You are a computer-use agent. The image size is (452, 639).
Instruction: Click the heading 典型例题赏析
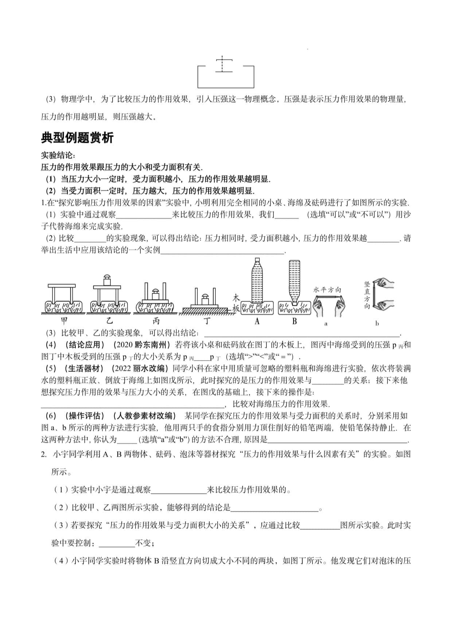coord(77,138)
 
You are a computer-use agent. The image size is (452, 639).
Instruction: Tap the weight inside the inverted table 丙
coord(155,294)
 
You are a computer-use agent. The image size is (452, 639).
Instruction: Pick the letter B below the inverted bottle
coord(295,321)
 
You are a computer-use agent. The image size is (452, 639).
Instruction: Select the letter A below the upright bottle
coord(257,321)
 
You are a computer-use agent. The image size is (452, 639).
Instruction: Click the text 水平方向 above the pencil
coord(327,290)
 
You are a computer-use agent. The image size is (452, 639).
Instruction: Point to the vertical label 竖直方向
coord(367,295)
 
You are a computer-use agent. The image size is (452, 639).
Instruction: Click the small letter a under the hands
coord(326,323)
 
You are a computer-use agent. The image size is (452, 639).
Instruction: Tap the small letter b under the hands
coord(377,323)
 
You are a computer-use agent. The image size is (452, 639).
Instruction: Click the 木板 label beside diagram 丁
coord(236,303)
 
